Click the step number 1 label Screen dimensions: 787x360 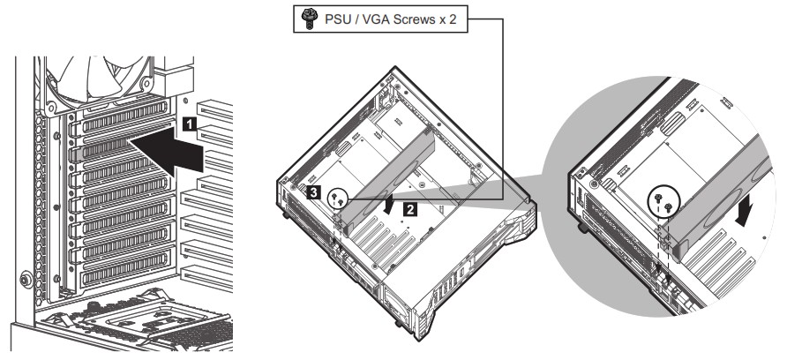click(x=189, y=124)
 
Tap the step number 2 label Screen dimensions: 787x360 click(x=410, y=210)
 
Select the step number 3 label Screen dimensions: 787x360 click(x=313, y=192)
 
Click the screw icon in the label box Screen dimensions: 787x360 click(x=308, y=19)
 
